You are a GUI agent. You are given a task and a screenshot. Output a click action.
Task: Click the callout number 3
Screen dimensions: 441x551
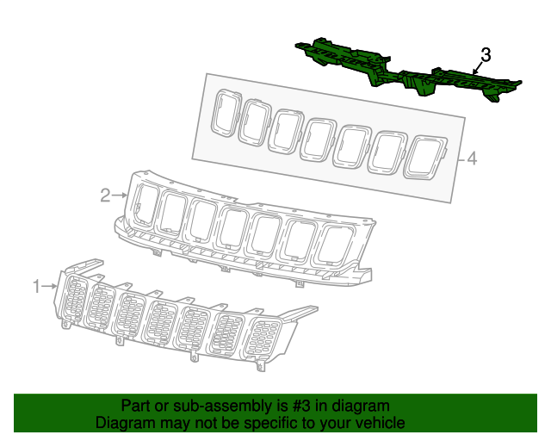[x=486, y=55]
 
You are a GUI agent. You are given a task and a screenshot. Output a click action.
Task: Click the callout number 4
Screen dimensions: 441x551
[x=471, y=158]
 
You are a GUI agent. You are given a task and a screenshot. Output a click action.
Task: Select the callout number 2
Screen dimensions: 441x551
[x=105, y=196]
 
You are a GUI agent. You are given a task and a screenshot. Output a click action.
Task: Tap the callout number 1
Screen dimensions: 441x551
[x=37, y=286]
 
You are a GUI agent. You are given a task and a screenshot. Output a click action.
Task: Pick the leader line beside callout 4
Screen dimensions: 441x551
[x=459, y=158]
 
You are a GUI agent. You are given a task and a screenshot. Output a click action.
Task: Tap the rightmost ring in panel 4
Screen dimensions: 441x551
[x=426, y=158]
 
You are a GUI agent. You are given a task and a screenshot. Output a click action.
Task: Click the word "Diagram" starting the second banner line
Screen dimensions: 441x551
[x=122, y=424]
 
